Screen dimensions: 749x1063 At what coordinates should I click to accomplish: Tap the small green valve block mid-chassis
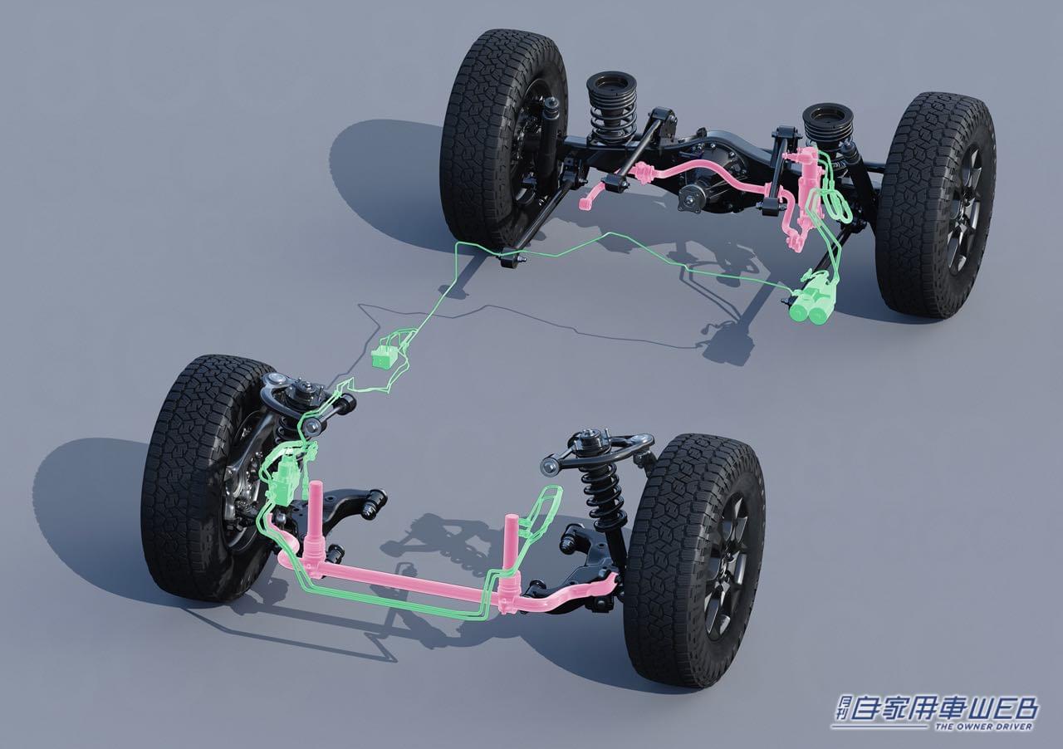point(384,355)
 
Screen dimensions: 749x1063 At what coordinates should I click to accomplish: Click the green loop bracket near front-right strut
point(544,511)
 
